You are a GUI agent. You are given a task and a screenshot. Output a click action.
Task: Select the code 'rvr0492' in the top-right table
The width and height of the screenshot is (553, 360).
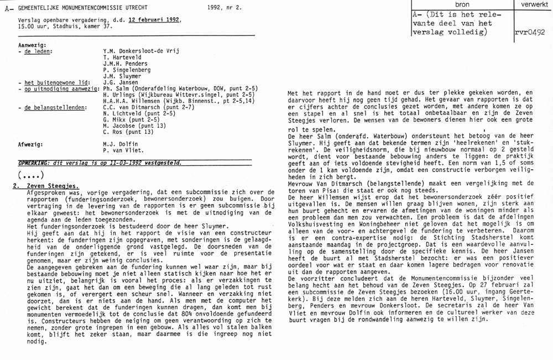tap(532, 32)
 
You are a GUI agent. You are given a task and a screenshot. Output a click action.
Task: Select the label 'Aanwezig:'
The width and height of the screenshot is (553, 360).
tap(32, 44)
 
